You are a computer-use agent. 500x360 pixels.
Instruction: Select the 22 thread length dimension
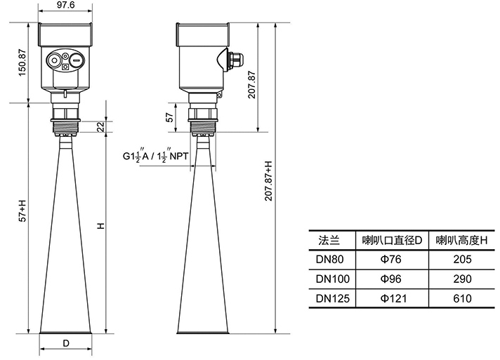100,126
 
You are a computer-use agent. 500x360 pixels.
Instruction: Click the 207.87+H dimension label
268,182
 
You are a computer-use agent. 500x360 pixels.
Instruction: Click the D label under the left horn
66,344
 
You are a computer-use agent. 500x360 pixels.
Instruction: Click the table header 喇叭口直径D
391,241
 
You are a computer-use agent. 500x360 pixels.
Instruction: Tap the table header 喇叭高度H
461,241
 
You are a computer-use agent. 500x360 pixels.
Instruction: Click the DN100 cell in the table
331,279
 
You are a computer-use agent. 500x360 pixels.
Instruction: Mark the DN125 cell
331,299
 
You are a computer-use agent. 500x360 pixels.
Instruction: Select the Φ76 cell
390,260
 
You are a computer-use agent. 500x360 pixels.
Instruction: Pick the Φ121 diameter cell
390,299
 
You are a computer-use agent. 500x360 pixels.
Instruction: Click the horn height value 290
461,279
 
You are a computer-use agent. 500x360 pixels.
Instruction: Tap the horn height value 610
461,299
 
